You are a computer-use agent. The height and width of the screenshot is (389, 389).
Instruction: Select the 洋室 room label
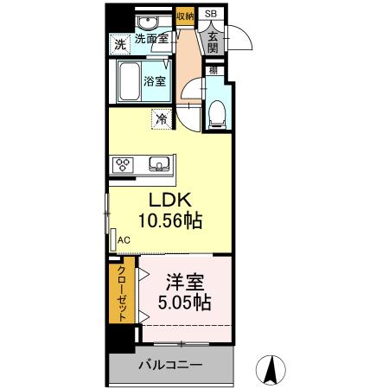(183, 283)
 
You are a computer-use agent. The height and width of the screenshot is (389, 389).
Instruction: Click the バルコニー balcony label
(173, 366)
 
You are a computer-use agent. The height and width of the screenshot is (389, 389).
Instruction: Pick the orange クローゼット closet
(122, 291)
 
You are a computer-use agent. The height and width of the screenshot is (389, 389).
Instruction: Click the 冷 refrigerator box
(162, 119)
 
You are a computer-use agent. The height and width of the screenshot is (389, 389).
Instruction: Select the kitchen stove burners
(122, 163)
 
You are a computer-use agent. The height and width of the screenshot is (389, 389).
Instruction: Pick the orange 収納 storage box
(184, 16)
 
